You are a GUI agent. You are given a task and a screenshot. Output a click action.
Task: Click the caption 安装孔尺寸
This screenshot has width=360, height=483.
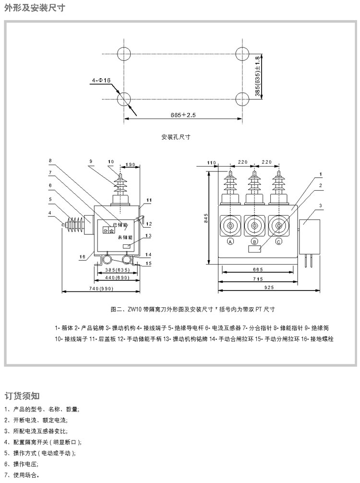click(176, 137)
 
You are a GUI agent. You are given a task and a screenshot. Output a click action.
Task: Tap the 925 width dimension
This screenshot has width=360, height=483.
click(269, 287)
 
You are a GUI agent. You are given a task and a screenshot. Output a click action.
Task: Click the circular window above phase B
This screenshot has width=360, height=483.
click(254, 225)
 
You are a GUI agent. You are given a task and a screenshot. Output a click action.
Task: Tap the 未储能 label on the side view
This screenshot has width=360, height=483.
click(124, 237)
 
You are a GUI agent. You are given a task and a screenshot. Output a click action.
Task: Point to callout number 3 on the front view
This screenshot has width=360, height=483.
click(321, 206)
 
